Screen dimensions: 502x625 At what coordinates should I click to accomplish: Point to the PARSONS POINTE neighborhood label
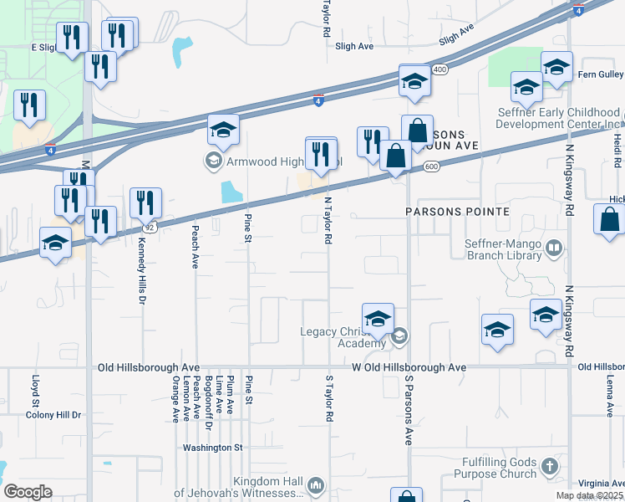pos(457,212)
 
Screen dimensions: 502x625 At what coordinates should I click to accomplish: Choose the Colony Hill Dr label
pos(53,415)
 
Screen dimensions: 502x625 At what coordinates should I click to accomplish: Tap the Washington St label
pos(213,448)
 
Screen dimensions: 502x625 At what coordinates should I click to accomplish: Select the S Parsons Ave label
pos(409,410)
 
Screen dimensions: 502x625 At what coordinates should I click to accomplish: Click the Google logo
pos(28,491)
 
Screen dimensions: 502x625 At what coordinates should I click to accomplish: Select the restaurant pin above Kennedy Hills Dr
pos(146,204)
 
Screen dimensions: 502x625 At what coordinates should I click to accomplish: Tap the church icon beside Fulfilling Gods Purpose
pos(549,465)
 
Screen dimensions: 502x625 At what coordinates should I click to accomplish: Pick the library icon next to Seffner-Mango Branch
pos(553,248)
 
